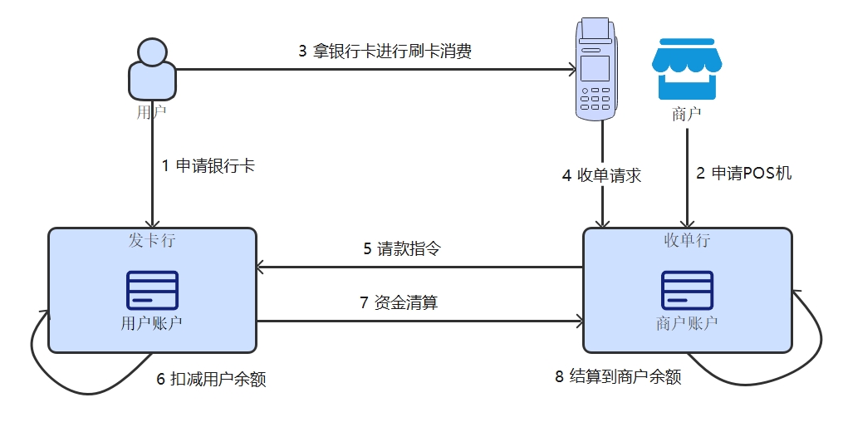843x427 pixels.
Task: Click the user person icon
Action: [x=151, y=70]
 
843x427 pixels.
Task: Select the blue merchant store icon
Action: [x=686, y=69]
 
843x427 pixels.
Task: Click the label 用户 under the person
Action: [x=151, y=112]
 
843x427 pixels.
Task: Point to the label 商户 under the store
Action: [x=686, y=114]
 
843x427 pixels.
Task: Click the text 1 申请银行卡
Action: [x=208, y=165]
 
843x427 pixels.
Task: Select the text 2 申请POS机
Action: [x=744, y=174]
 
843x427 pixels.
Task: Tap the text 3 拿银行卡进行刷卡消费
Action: [x=385, y=52]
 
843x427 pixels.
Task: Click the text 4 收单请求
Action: [x=601, y=175]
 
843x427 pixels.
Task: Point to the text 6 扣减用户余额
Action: [x=211, y=379]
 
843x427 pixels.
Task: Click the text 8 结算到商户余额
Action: [x=618, y=376]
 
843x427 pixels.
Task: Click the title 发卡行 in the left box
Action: [x=151, y=241]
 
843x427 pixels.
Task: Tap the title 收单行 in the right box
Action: [x=687, y=241]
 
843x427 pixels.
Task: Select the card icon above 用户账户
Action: [x=151, y=290]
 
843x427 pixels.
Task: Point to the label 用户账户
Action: [x=151, y=323]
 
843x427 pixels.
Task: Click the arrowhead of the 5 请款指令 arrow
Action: [x=260, y=267]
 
